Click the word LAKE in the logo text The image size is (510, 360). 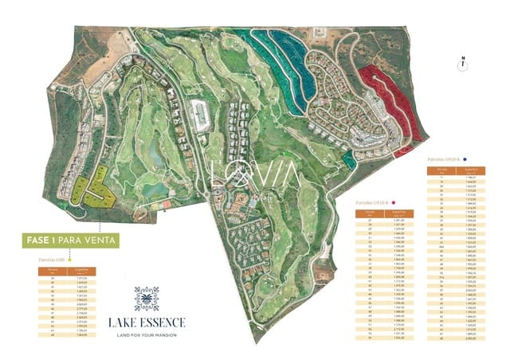(124, 322)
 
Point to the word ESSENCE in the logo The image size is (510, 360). (163, 322)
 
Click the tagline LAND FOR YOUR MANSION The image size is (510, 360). (147, 334)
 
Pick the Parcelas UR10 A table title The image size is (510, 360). (374, 203)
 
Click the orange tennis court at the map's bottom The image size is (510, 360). (164, 204)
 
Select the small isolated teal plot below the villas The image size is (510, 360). (347, 159)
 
